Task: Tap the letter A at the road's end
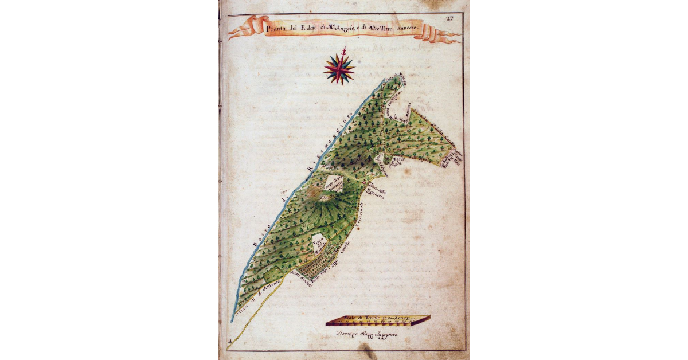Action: pos(230,346)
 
